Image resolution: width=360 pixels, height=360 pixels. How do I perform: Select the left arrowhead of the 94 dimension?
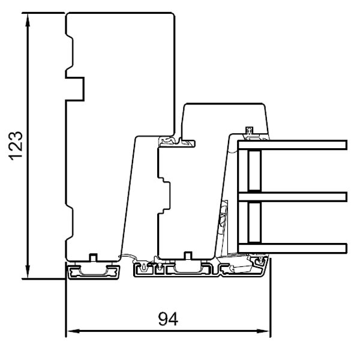point(70,331)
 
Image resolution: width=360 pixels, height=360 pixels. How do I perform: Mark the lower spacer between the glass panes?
point(254,221)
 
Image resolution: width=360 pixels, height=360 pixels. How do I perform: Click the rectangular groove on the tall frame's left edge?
point(75,88)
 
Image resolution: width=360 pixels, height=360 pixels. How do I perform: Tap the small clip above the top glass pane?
point(250,130)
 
